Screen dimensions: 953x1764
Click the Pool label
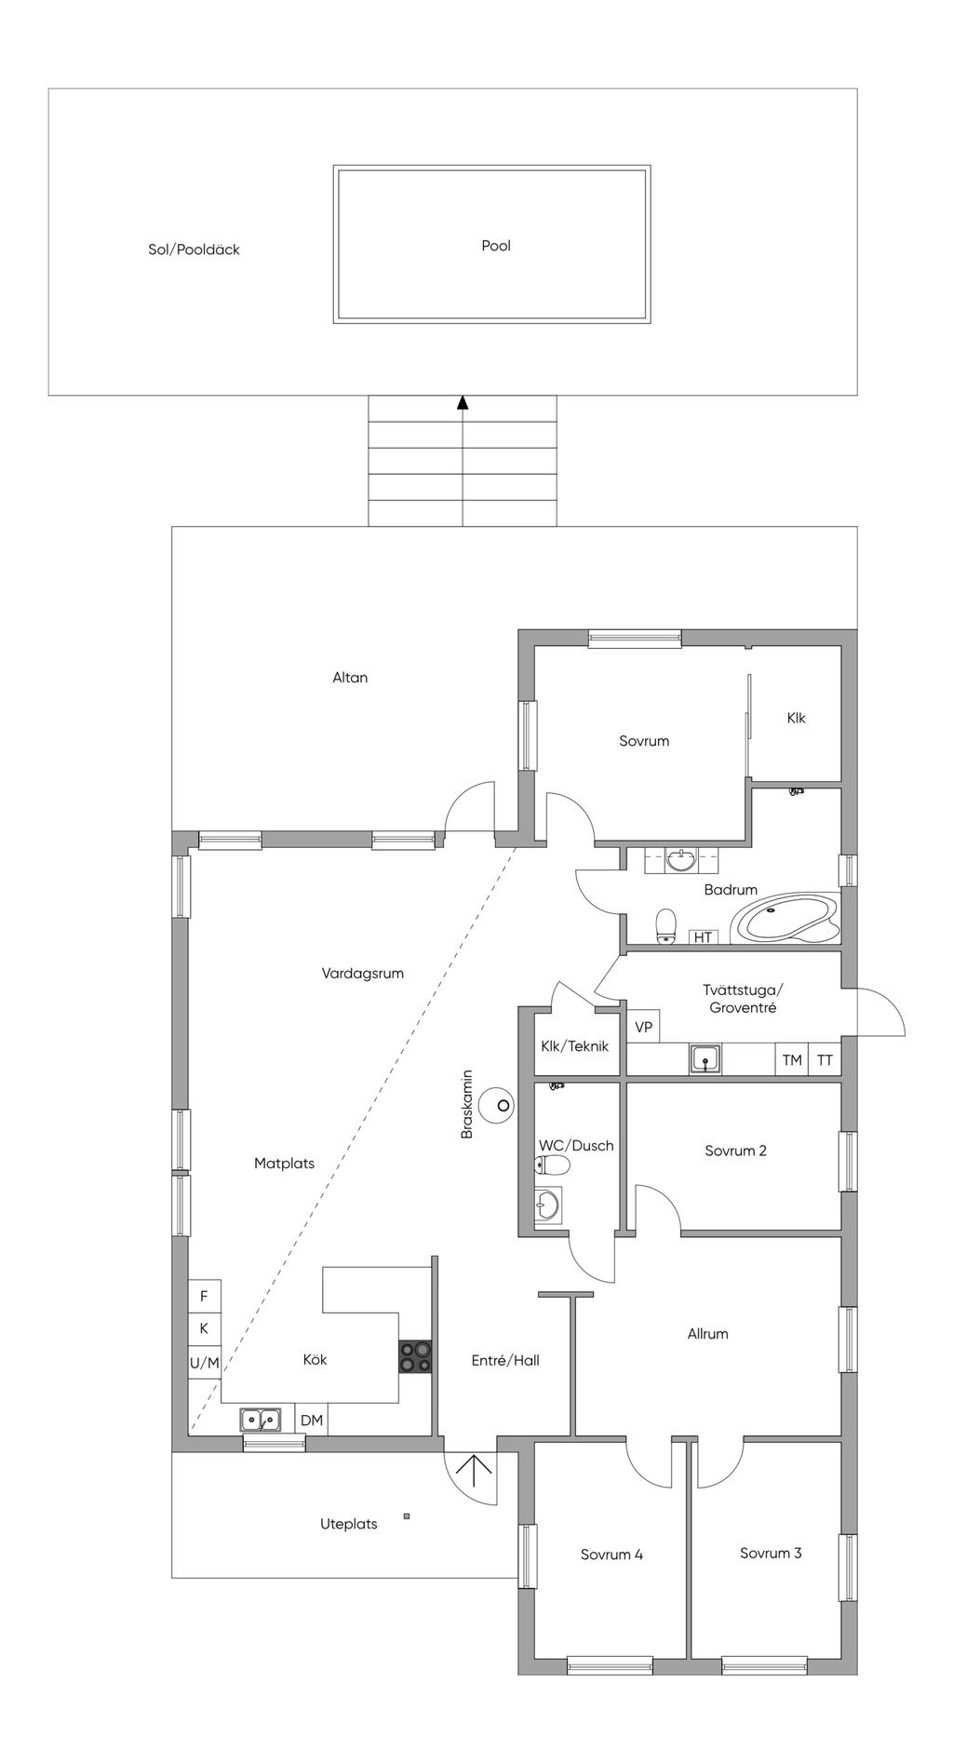496,246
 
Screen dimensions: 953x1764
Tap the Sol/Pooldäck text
194,249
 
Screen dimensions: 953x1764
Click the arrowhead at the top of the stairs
463,402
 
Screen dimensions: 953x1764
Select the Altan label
350,678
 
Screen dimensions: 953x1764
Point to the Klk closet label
796,718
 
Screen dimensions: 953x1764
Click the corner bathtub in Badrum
786,921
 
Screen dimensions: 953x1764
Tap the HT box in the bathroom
703,937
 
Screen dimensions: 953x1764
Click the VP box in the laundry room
643,1027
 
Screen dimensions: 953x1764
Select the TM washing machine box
792,1059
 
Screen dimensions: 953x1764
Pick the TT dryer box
825,1059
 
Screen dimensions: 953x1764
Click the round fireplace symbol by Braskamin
503,1105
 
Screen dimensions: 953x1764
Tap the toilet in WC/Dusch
552,1165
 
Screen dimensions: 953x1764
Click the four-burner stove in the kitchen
415,1355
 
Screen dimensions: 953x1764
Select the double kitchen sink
261,1419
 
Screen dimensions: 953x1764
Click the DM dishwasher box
312,1420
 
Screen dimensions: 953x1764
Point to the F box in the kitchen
205,1296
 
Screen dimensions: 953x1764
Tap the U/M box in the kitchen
205,1363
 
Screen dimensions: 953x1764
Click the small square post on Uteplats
407,1516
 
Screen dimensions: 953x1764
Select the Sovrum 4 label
611,1554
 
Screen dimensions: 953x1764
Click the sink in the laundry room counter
705,1059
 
